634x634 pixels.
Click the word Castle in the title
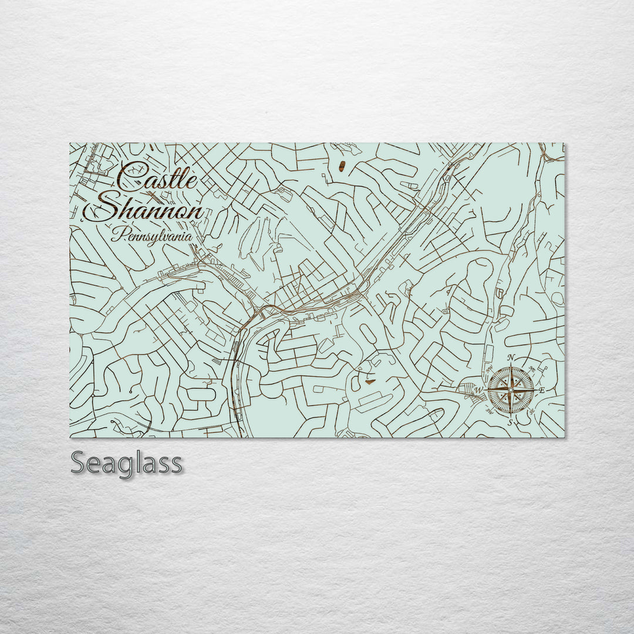click(157, 176)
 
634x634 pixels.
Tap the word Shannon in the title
click(144, 210)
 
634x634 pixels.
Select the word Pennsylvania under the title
click(151, 237)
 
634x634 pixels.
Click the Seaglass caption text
click(127, 464)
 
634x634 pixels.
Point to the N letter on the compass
click(511, 358)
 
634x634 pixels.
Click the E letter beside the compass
click(542, 390)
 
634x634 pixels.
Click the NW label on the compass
click(488, 369)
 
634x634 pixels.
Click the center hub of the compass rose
click(511, 389)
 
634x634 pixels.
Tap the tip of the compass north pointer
click(511, 366)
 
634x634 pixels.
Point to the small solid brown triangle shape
click(369, 381)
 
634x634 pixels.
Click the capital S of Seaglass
click(79, 463)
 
